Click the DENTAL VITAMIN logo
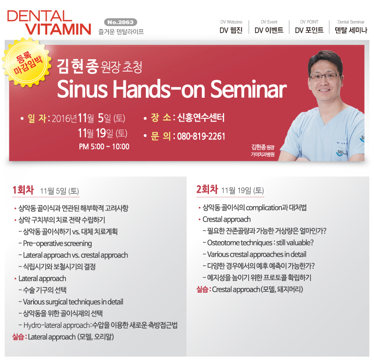(x=49, y=23)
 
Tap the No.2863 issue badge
(x=121, y=22)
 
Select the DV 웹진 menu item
(x=231, y=30)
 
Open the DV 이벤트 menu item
(x=269, y=30)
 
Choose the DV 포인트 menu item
(x=309, y=30)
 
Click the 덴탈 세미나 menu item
(x=351, y=30)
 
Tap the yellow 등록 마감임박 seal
(x=27, y=63)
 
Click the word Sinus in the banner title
(x=83, y=89)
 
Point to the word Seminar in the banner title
(x=248, y=89)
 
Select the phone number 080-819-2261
(x=201, y=137)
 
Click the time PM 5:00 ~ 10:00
(x=104, y=146)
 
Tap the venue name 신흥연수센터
(x=201, y=118)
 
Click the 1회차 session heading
(x=23, y=190)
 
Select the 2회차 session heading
(x=207, y=190)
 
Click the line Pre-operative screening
(x=57, y=243)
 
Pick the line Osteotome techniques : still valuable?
(x=260, y=243)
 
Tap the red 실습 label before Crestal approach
(x=202, y=289)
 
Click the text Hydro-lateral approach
(x=57, y=325)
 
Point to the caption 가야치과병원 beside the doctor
(x=262, y=154)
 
